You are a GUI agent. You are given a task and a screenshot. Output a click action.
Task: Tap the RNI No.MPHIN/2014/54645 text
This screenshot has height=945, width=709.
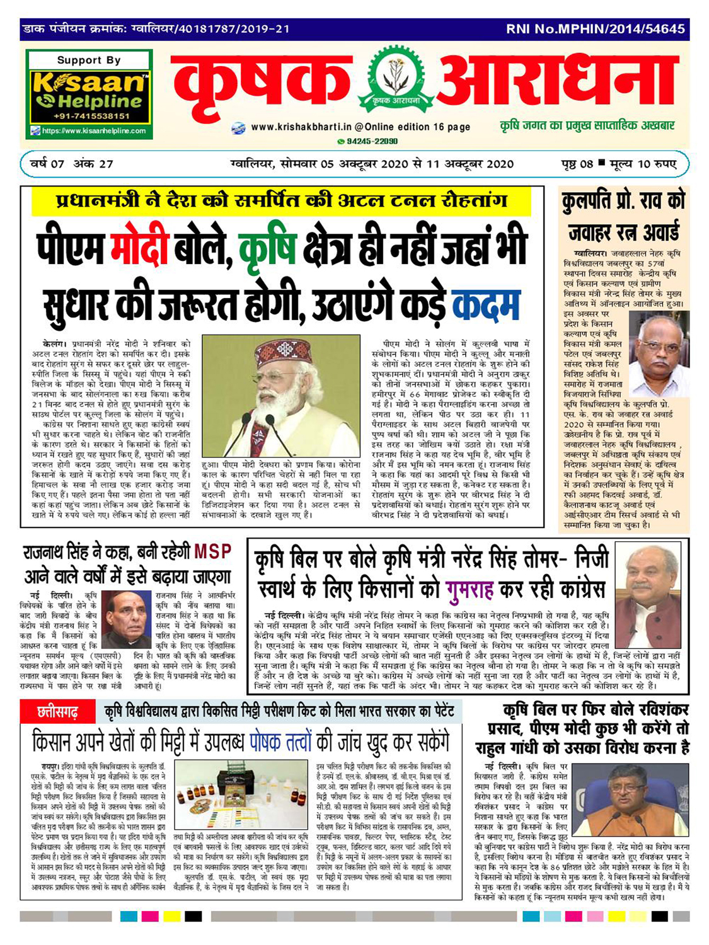595,29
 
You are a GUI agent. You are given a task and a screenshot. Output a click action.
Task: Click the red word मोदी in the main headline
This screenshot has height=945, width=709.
139,248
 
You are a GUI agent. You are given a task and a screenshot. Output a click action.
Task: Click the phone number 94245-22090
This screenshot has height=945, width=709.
372,142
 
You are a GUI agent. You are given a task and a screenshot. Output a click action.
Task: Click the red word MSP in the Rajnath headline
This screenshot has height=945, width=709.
212,552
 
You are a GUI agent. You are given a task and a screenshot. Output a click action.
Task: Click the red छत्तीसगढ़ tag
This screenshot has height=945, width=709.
59,713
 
